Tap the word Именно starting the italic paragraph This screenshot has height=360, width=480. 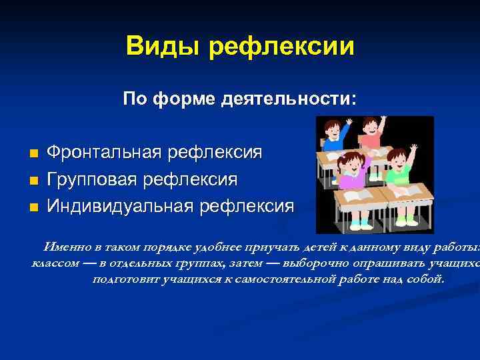click(66, 245)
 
